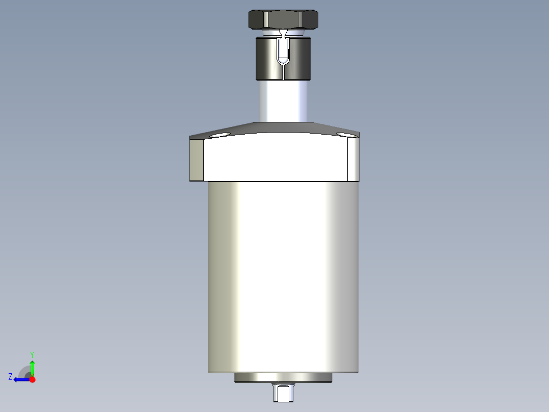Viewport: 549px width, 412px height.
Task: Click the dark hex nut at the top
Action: coord(283,19)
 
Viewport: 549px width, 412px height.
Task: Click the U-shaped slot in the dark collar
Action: coord(283,51)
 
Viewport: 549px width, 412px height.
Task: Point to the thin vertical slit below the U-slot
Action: coord(283,72)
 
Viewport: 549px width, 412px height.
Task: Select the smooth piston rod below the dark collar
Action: coord(283,101)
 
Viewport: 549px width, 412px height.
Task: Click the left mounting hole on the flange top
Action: coord(219,135)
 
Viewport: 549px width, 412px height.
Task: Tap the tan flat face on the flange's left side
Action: coord(197,160)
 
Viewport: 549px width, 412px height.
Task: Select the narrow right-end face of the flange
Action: coord(353,160)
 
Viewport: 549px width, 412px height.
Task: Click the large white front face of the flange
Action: coord(276,158)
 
